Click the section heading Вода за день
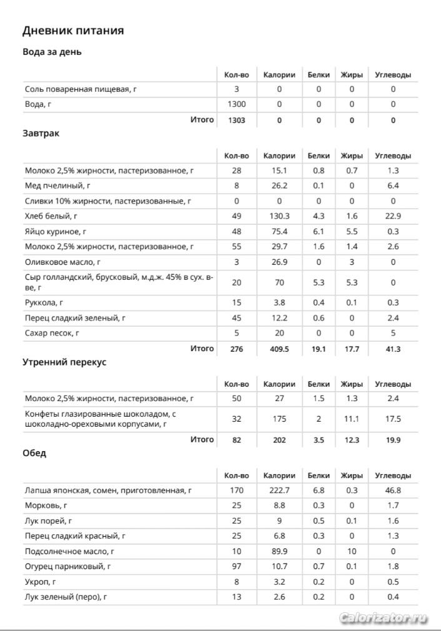[52, 52]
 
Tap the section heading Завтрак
[41, 133]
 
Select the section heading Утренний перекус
[64, 362]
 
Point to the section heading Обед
[34, 453]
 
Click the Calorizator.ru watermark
[384, 618]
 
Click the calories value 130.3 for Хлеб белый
[279, 216]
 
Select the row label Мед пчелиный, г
[58, 186]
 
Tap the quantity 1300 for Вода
[236, 104]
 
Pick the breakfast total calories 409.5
[279, 349]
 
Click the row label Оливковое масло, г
[62, 262]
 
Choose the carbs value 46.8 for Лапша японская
[393, 491]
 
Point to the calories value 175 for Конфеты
[279, 419]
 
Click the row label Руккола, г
[44, 303]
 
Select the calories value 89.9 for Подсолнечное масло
[279, 551]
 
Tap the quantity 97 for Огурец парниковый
[236, 567]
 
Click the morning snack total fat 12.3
[352, 440]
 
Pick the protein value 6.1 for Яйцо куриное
[319, 231]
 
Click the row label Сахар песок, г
[53, 333]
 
